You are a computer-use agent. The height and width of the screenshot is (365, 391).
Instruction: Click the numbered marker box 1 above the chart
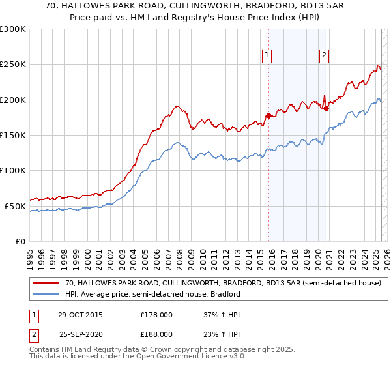tap(267, 56)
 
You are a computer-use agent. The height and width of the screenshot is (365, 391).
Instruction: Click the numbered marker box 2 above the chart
tap(324, 56)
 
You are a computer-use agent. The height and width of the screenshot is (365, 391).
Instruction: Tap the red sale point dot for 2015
tap(268, 116)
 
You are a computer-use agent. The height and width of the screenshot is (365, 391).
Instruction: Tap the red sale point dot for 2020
tap(326, 109)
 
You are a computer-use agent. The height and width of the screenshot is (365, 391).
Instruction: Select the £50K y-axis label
tap(15, 206)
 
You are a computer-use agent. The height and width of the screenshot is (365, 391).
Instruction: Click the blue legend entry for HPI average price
tap(152, 294)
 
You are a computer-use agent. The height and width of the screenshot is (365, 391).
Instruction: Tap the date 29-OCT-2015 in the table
tap(80, 314)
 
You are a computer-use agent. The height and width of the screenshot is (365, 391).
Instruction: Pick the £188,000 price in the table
tap(156, 333)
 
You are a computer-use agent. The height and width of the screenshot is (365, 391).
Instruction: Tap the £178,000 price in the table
tap(156, 314)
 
